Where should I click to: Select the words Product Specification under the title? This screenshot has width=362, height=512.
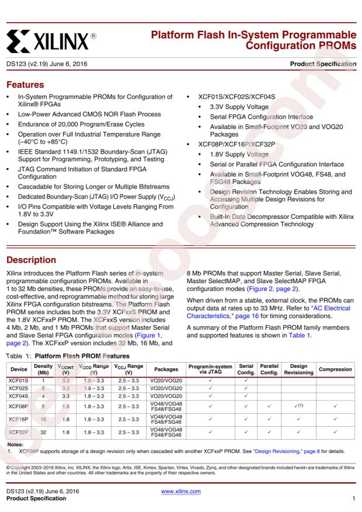325,63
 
